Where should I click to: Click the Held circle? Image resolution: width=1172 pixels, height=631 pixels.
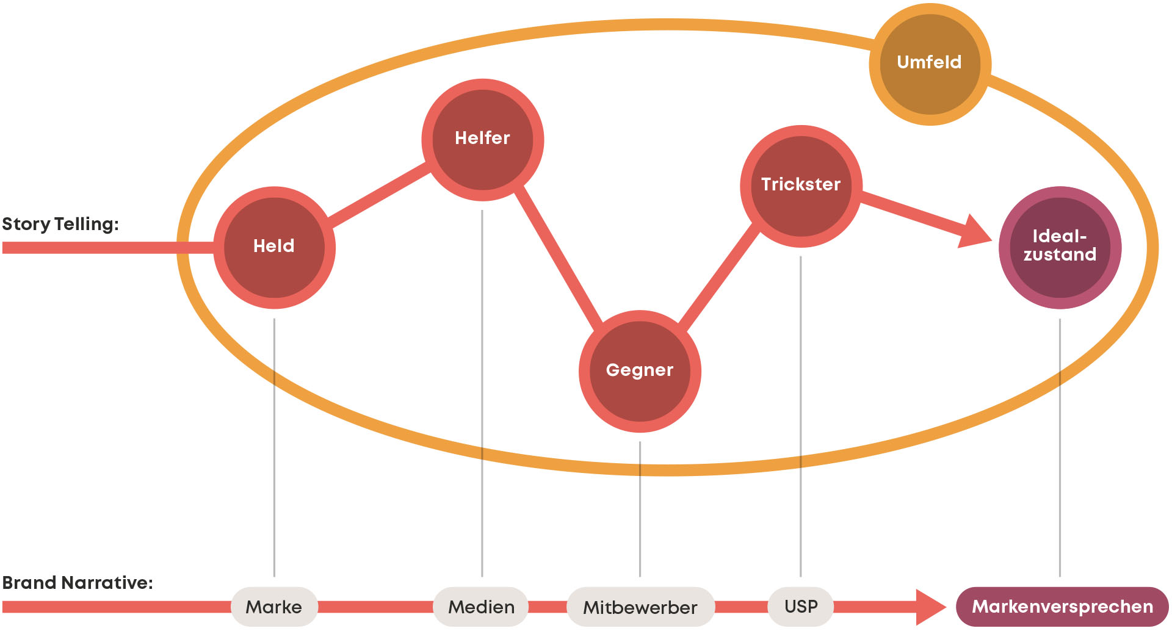pos(274,247)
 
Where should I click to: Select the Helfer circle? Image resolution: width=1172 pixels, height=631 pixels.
pos(482,140)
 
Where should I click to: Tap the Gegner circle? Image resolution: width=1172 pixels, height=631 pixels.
pos(640,371)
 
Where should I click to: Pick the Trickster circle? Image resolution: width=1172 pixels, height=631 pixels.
pos(801,186)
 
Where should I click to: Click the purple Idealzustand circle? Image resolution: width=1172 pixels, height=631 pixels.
pos(1060,247)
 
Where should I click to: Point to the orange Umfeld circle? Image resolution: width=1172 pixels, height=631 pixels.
pos(930,64)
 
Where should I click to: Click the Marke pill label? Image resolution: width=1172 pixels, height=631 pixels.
pos(274,607)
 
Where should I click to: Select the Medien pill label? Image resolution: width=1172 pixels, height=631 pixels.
pos(481,607)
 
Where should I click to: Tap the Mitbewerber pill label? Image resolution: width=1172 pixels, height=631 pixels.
pos(640,607)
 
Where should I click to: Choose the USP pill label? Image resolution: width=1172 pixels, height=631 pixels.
pos(801,607)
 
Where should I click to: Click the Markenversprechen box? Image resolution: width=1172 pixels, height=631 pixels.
pos(1062,607)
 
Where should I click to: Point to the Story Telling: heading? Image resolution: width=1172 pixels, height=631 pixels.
pos(60,224)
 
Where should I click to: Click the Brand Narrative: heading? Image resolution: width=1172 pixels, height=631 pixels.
pos(78,583)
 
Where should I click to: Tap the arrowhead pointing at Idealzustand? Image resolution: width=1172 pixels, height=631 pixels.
pos(975,232)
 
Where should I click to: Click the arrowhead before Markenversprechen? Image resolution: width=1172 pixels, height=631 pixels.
pos(929,607)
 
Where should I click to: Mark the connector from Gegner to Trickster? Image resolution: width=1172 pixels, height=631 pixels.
pos(719,276)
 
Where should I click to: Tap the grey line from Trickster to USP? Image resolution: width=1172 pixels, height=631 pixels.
pos(800,415)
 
